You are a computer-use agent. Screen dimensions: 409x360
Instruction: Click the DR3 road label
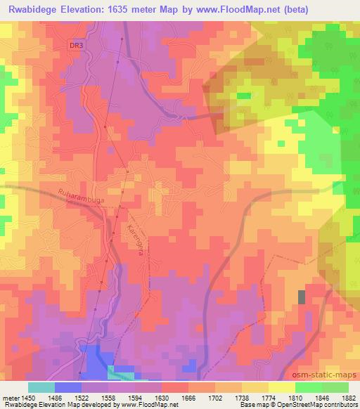coord(76,46)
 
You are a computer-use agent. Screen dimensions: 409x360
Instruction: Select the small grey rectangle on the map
coord(302,297)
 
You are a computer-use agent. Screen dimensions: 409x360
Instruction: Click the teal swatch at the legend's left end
coord(41,387)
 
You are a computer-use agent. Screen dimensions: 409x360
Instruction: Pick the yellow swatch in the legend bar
coord(281,387)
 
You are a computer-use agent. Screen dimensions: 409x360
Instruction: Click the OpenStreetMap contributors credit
coord(320,405)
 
